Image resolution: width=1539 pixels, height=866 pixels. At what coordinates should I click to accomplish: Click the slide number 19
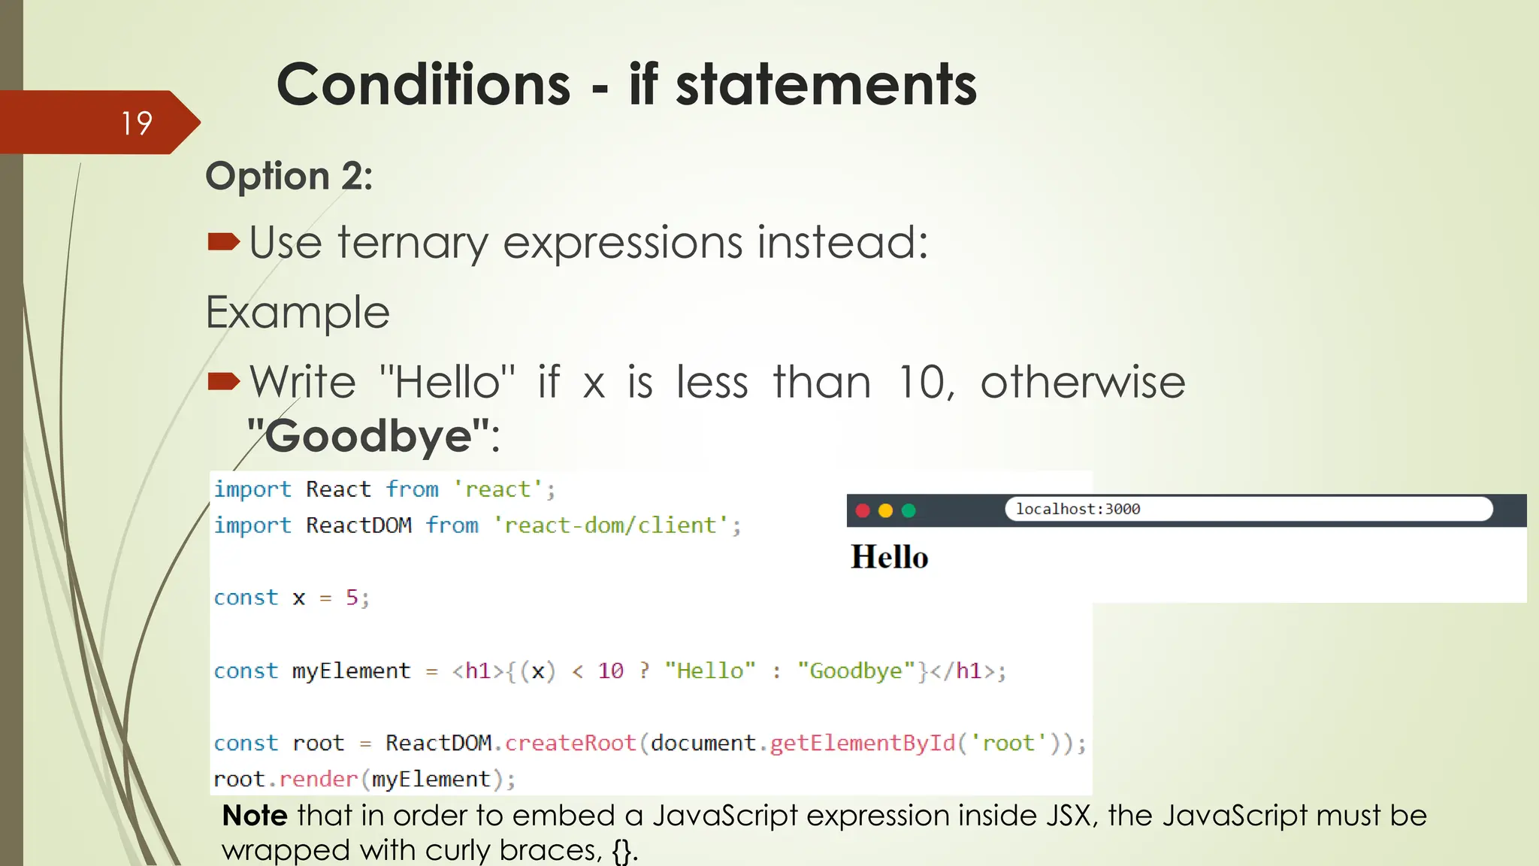(x=137, y=123)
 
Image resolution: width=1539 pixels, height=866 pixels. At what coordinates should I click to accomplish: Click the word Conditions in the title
(x=424, y=84)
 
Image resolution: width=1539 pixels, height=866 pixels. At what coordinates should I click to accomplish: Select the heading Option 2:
(x=289, y=177)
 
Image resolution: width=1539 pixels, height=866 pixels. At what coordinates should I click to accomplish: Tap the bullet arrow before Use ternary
(x=223, y=241)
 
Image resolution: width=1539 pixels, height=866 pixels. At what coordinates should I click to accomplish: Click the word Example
(x=298, y=312)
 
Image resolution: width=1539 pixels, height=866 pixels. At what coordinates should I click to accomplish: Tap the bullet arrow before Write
(x=223, y=381)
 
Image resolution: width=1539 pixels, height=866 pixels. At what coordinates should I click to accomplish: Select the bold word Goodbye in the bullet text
(x=368, y=436)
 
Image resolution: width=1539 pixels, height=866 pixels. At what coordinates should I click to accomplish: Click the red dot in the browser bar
(x=863, y=510)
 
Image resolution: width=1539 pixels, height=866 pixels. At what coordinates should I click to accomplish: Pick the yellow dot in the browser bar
(x=885, y=510)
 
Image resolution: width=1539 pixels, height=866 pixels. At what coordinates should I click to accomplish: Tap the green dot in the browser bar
(x=909, y=510)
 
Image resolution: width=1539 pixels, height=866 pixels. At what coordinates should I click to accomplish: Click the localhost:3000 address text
(x=1078, y=509)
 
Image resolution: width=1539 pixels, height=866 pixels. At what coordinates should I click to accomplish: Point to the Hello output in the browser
(x=890, y=557)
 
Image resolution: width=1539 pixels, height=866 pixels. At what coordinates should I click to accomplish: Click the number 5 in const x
(x=352, y=597)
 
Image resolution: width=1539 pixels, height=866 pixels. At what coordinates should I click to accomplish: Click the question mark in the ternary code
(x=644, y=670)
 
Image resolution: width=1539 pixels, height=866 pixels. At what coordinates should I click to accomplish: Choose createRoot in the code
(x=570, y=743)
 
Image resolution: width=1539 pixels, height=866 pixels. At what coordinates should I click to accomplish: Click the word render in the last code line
(x=319, y=779)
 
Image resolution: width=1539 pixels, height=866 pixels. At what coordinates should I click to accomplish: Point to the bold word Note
(x=255, y=816)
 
